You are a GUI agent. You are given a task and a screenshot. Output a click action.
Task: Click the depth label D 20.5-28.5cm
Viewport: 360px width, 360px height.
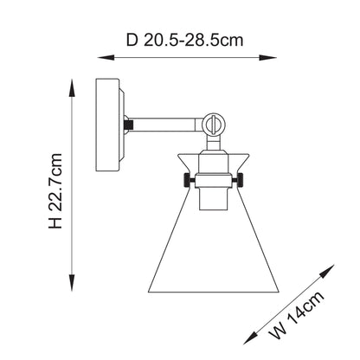(x=184, y=41)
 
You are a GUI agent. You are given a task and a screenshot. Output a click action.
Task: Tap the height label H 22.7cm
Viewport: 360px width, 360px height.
(x=55, y=191)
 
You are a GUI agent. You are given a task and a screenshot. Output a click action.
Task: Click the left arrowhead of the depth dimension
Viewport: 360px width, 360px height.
(x=106, y=58)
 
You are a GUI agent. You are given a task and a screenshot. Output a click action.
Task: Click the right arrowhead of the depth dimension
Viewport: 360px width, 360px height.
(x=268, y=58)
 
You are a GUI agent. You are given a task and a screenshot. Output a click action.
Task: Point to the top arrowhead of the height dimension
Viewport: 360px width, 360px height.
(x=72, y=87)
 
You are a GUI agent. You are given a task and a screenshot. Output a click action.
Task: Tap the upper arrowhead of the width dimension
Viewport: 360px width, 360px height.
(x=327, y=271)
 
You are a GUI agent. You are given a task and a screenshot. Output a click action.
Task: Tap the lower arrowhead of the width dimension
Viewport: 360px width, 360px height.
(x=250, y=337)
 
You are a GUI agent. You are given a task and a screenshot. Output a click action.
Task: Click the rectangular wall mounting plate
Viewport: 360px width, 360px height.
(x=107, y=125)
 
